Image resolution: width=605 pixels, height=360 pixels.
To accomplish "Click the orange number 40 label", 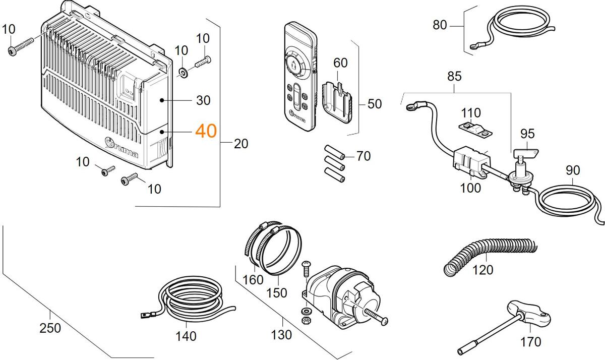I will pos(206,131).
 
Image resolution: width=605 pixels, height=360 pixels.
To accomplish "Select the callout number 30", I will pos(203,100).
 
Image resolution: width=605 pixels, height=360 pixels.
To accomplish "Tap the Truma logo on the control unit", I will pos(121,148).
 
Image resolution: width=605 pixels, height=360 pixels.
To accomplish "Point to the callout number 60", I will pos(340,63).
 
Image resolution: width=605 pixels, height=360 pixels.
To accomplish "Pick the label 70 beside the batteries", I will pos(363,156).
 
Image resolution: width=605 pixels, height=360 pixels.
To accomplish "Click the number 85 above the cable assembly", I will pos(454,77).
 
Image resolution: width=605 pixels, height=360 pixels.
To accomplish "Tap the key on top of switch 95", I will pos(525,150).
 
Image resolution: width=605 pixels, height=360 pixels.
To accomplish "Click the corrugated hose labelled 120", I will pos(484,250).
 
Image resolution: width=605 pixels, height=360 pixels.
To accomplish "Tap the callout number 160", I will pos(253,280).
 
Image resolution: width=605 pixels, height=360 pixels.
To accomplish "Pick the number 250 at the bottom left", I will pos(50,328).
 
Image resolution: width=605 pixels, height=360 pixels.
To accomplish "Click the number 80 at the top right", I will pos(440,25).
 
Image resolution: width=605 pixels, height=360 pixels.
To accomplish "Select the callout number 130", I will pos(281,334).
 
